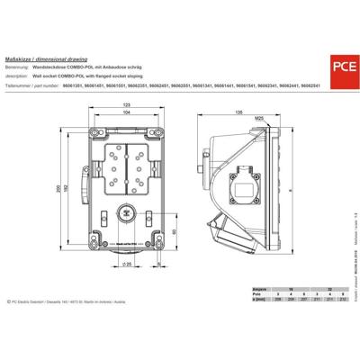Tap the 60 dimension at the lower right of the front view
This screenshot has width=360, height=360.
pos(173,231)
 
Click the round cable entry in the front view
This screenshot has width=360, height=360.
pos(125,215)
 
